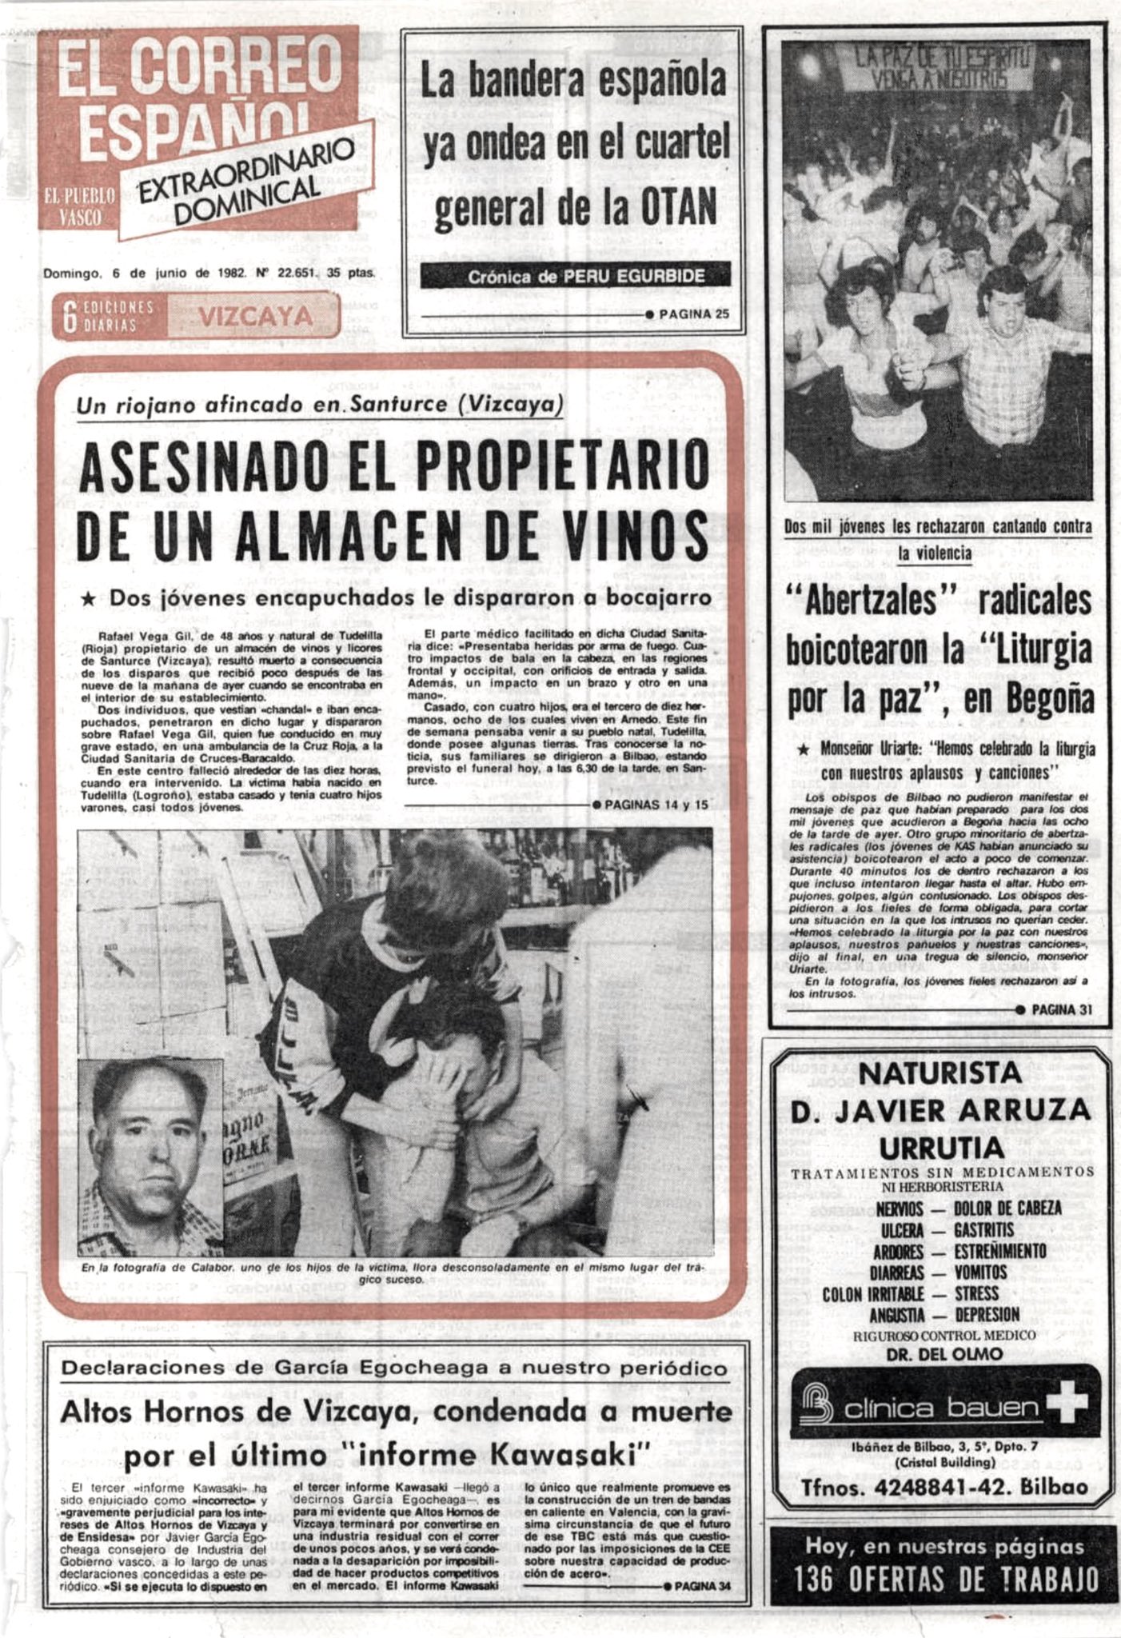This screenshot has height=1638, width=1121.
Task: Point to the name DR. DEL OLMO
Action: coord(943,1354)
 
